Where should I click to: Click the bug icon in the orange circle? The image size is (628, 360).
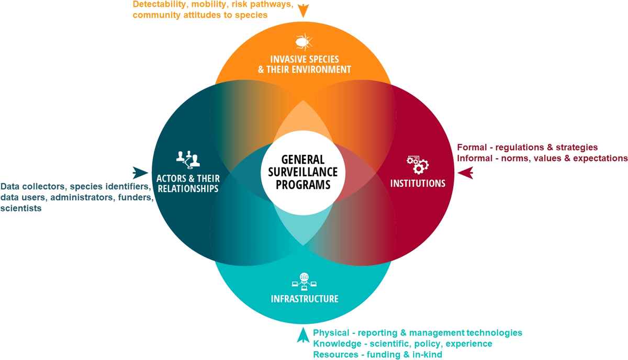(302, 41)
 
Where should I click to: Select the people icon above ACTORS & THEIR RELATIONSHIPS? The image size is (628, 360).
(188, 158)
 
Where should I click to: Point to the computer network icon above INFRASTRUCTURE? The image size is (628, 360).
(304, 281)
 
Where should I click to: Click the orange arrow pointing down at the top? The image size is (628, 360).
(303, 9)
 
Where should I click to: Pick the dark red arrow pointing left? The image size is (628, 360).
(465, 172)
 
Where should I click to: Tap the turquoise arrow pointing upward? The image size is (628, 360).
(302, 335)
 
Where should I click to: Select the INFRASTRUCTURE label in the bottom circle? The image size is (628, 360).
(304, 299)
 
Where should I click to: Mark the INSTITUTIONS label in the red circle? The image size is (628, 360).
(418, 183)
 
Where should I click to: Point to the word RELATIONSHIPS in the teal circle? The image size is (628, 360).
(187, 188)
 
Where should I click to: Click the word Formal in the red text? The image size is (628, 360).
(471, 148)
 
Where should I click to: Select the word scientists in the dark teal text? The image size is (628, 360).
(21, 208)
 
